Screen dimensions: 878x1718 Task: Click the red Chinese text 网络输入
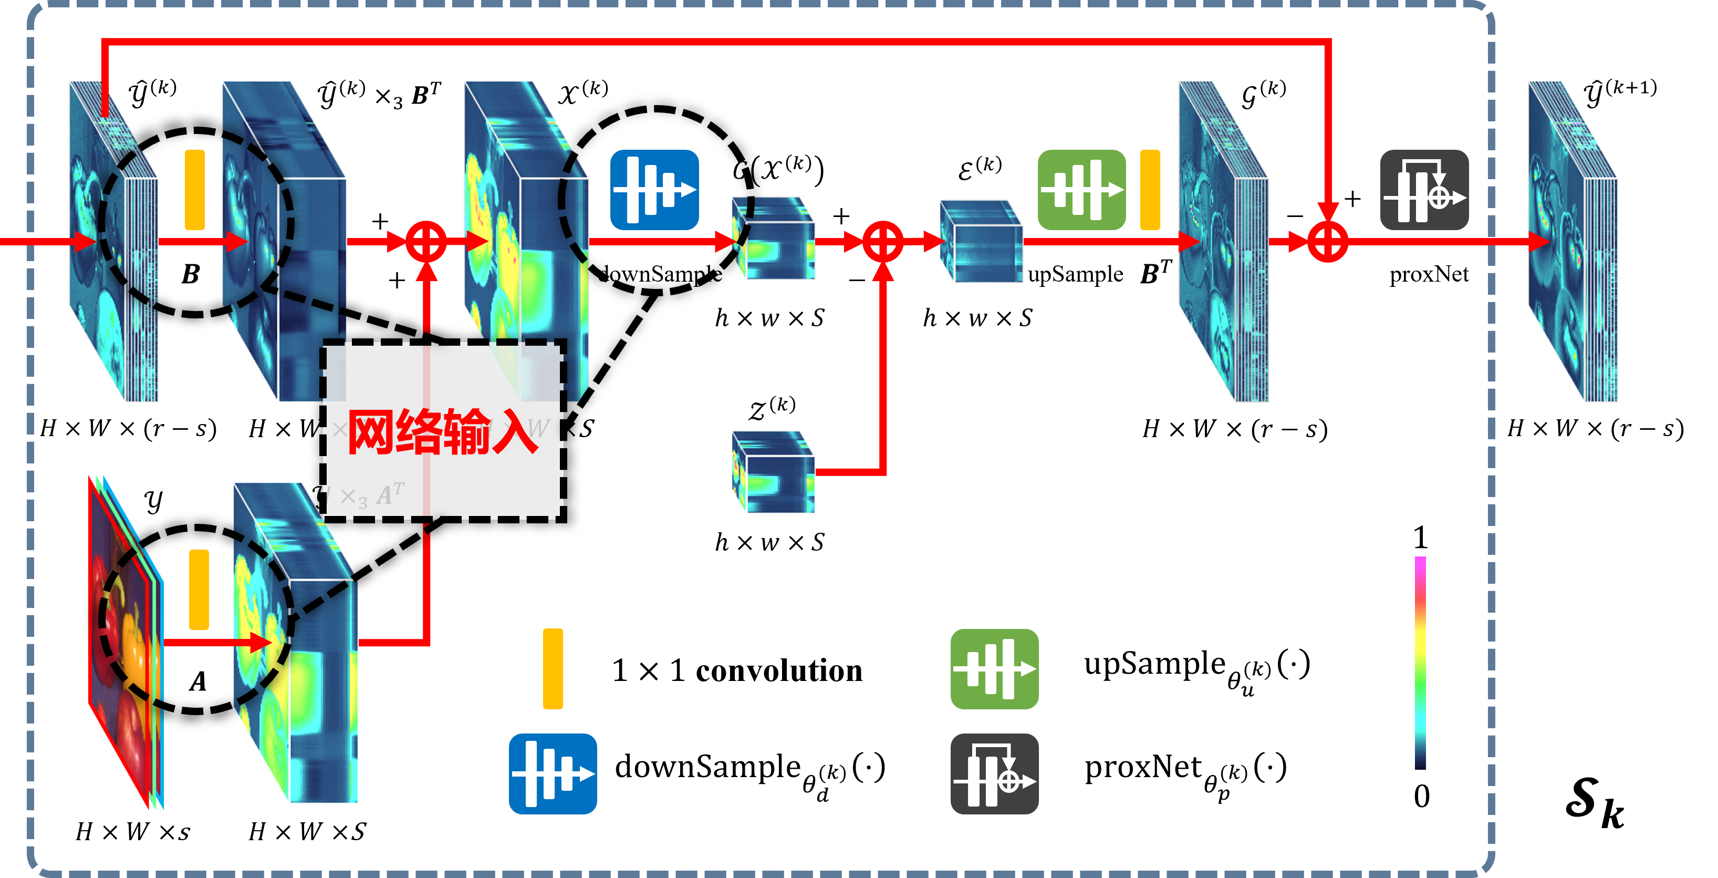[x=442, y=432]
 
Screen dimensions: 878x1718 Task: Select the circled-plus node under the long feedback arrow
[x=1327, y=242]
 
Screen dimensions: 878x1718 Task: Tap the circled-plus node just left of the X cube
[x=426, y=242]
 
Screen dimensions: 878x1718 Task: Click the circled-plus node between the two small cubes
[x=883, y=242]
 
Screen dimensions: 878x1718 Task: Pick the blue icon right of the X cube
[x=654, y=190]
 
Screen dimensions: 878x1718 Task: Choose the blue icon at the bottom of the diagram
[x=553, y=774]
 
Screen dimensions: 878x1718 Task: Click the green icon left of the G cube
[x=1081, y=190]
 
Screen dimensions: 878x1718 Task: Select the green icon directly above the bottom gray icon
[x=994, y=668]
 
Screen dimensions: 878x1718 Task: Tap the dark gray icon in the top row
[x=1424, y=190]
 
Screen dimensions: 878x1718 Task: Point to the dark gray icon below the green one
[x=994, y=774]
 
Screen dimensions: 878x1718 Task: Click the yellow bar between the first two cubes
[x=195, y=190]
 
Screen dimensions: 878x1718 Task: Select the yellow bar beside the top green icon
[x=1150, y=190]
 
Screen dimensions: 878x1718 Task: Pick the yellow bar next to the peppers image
[x=199, y=590]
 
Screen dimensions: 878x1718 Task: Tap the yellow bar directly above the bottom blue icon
[x=553, y=668]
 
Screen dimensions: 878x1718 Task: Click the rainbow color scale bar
[x=1420, y=662]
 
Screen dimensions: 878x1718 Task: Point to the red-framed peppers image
[x=123, y=641]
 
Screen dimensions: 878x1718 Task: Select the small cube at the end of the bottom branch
[x=773, y=472]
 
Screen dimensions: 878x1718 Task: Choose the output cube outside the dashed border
[x=1573, y=242]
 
